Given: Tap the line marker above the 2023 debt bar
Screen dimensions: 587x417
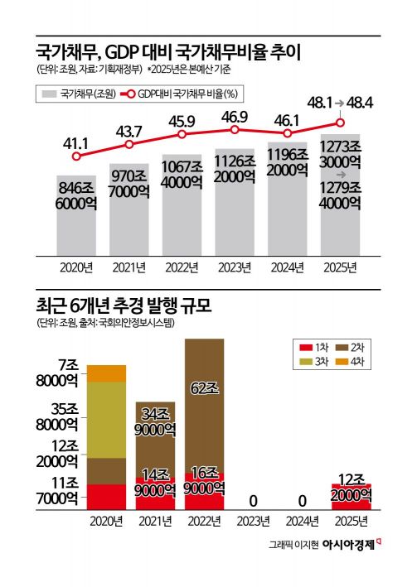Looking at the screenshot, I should pos(235,129).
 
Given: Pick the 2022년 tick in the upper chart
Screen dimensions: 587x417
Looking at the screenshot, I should pos(182,266).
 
